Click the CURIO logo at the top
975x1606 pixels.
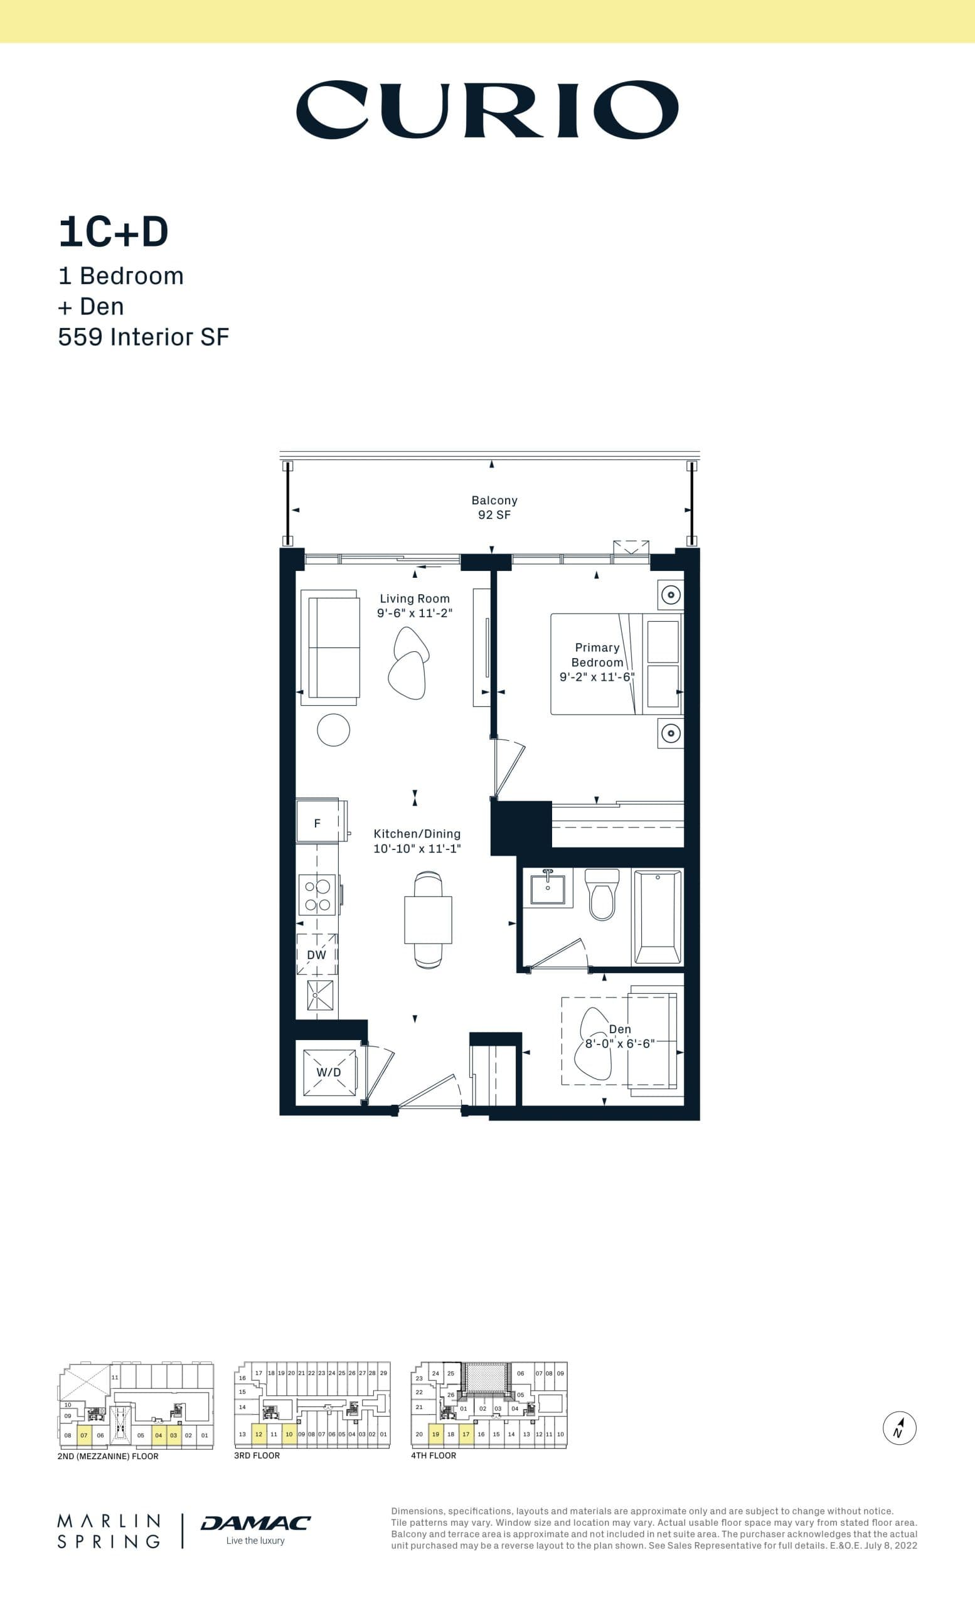[487, 110]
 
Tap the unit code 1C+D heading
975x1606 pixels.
[114, 232]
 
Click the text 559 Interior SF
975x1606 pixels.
[144, 337]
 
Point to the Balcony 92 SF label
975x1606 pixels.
[494, 507]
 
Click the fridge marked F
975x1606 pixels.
[317, 823]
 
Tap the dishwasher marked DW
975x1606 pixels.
[317, 955]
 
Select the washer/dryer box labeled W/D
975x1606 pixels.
[329, 1072]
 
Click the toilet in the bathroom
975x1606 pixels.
[602, 895]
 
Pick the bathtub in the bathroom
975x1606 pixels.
[658, 918]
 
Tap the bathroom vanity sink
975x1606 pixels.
[548, 886]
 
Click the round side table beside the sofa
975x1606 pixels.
[333, 730]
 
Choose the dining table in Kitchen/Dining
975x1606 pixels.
[428, 920]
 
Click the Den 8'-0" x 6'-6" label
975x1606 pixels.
[619, 1036]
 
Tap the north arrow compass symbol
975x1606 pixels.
[900, 1428]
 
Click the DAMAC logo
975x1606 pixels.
[255, 1523]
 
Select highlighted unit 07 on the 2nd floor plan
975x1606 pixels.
[83, 1435]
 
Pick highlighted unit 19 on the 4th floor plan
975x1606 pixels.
[435, 1434]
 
